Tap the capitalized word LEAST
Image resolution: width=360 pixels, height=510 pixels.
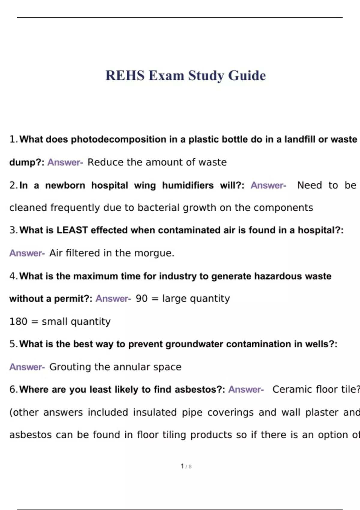(x=72, y=230)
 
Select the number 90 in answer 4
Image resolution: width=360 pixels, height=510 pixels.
(x=142, y=298)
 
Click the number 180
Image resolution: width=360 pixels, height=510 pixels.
(x=18, y=321)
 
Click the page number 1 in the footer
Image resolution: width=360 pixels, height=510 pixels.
(x=182, y=466)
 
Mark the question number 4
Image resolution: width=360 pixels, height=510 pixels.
(x=13, y=276)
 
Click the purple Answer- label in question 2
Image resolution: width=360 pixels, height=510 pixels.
(x=268, y=185)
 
